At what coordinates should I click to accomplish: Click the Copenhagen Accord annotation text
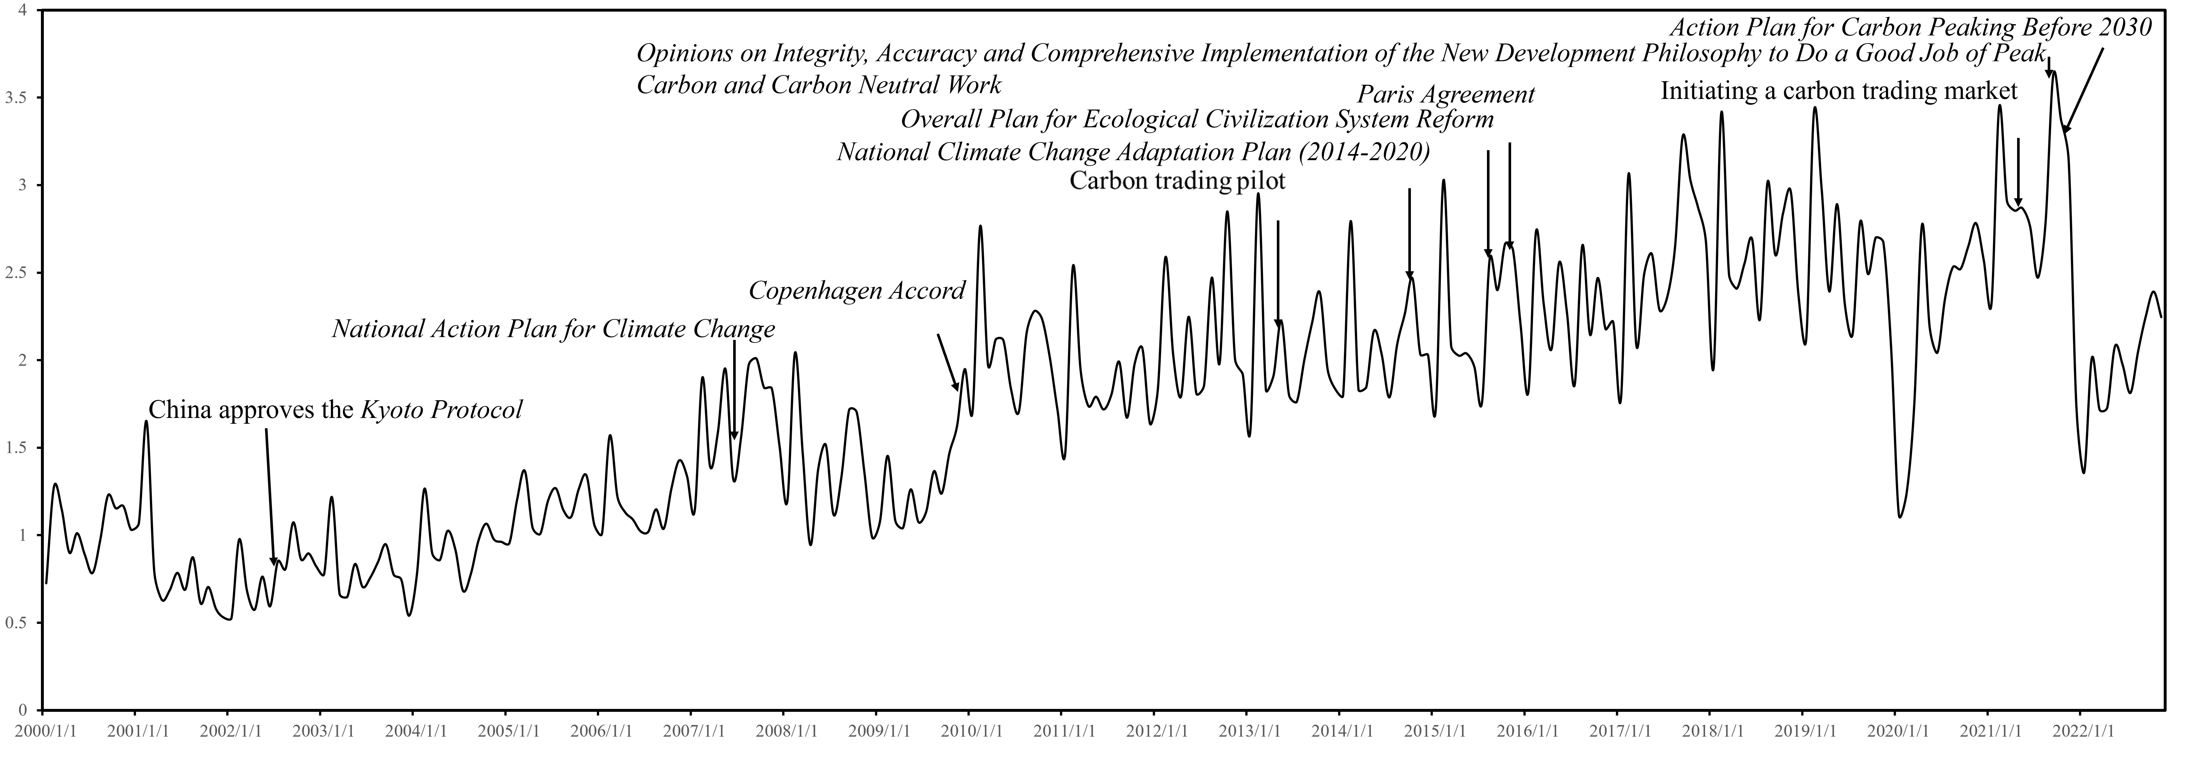tap(857, 291)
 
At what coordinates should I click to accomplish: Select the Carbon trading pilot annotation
tap(1177, 181)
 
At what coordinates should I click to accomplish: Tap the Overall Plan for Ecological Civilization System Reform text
tap(1197, 119)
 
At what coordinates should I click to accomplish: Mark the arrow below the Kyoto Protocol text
tap(269, 497)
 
